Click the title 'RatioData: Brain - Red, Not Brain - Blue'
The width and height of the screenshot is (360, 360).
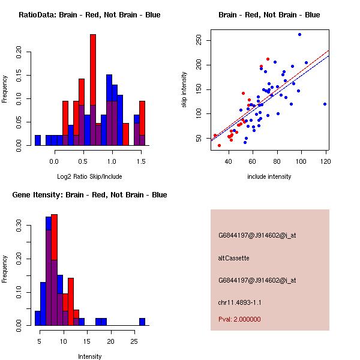(89, 15)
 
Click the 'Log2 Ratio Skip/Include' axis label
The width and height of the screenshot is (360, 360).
(89, 176)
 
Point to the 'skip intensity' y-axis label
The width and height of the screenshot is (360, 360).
(185, 90)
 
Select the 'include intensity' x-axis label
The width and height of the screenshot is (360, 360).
(269, 176)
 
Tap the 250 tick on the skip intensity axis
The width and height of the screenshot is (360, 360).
(200, 40)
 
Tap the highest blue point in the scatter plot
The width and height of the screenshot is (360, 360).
(299, 35)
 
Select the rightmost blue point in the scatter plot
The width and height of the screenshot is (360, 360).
(325, 104)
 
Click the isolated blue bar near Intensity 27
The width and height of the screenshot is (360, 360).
(142, 322)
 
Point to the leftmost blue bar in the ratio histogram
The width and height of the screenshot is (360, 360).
(38, 140)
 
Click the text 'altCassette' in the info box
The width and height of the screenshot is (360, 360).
(233, 258)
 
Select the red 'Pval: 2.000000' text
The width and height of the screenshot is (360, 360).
(239, 319)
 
